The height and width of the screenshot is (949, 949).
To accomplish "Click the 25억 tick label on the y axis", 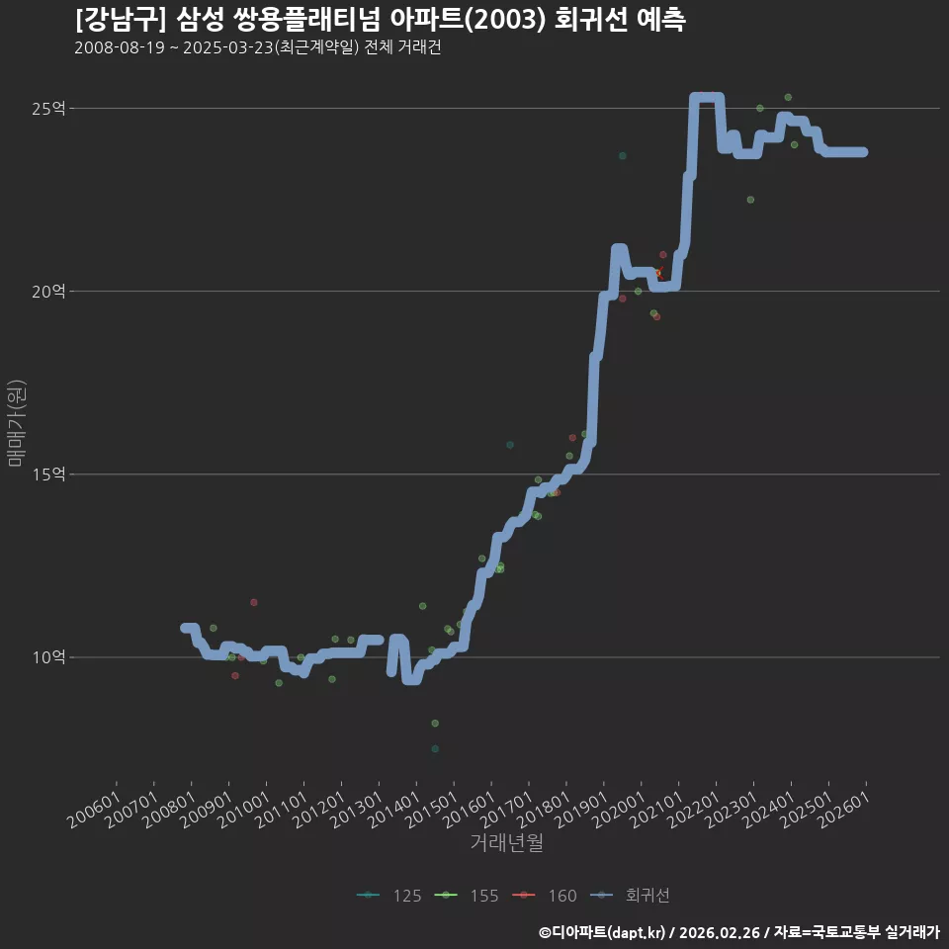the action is [48, 109].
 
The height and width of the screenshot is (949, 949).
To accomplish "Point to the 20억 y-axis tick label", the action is [48, 292].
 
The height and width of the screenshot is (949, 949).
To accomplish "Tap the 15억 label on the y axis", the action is [48, 474].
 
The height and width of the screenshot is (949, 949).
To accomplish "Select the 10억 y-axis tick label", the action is [48, 657].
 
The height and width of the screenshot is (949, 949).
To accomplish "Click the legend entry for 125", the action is [389, 896].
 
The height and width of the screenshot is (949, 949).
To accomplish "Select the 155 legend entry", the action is [467, 896].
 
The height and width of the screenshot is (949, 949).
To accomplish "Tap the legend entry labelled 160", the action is [544, 896].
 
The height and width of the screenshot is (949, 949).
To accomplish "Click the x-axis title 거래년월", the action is [506, 842].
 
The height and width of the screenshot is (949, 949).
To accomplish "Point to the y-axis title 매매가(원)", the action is [16, 423].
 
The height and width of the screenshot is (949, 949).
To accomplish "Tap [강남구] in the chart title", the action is [120, 20].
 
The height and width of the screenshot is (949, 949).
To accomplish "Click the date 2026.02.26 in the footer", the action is [719, 932].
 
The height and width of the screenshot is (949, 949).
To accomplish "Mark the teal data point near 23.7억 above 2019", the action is [622, 156].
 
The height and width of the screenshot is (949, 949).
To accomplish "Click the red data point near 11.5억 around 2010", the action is [254, 602].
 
